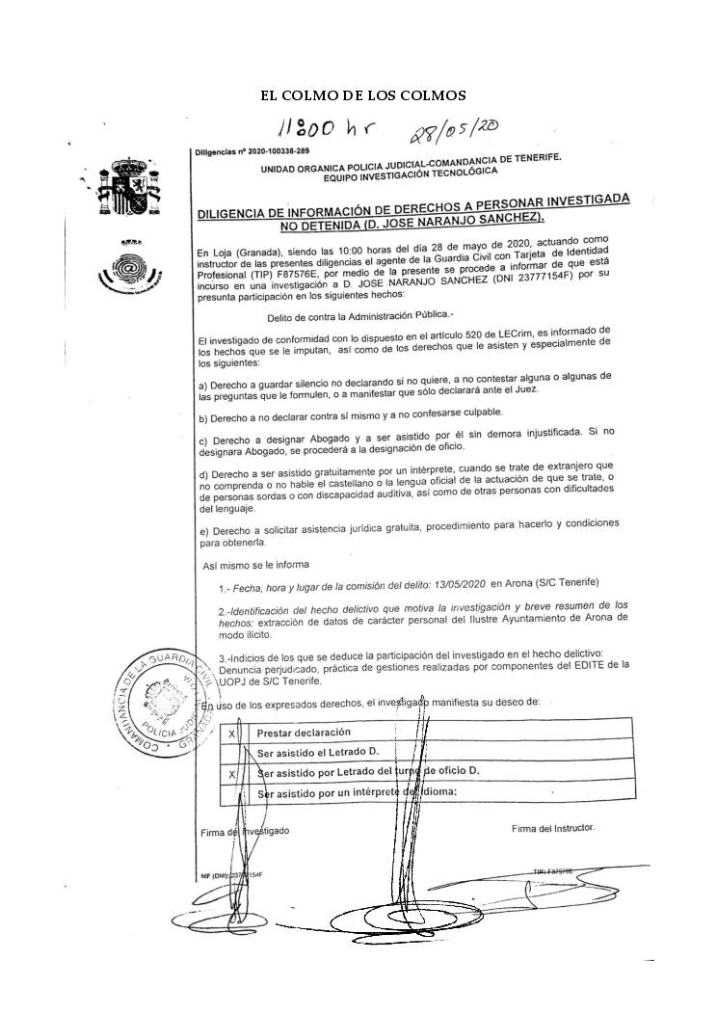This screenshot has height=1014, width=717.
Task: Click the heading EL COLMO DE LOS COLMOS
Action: pos(363,95)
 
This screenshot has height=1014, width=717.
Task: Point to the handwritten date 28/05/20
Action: pos(452,132)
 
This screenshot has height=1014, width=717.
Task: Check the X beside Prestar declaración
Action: pos(232,733)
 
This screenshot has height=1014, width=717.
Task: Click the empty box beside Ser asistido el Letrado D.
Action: pos(232,752)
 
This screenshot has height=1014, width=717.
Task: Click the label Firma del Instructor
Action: pos(553,828)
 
